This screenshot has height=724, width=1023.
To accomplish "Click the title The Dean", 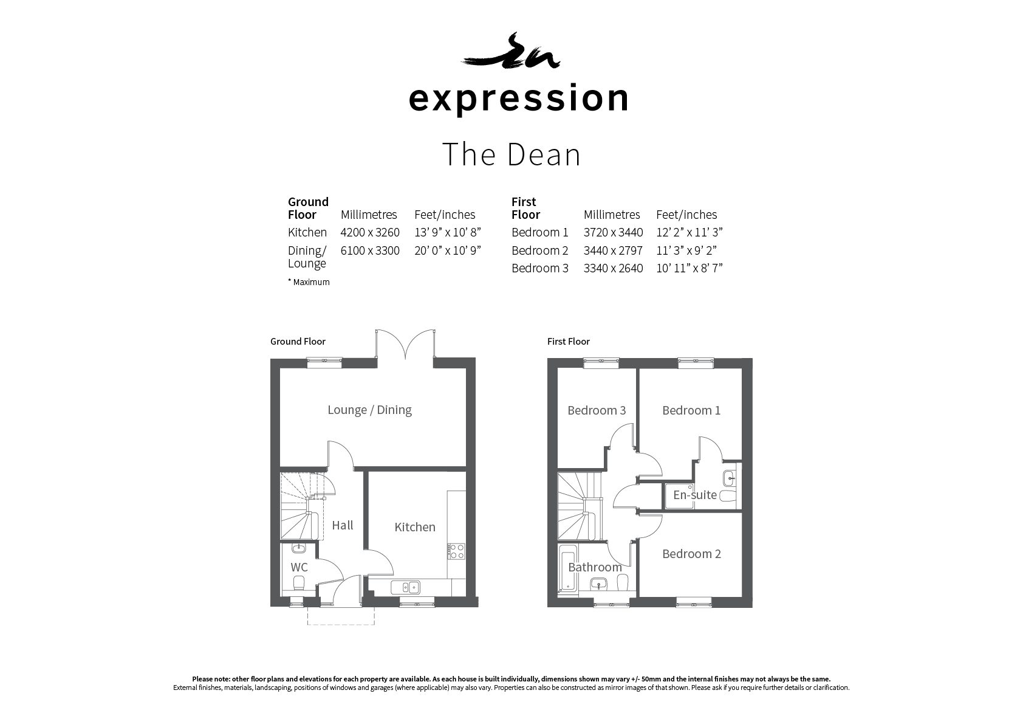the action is click(x=511, y=154).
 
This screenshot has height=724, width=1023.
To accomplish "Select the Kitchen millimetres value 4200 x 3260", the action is click(x=370, y=232).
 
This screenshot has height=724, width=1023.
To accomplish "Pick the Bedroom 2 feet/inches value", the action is click(x=686, y=250).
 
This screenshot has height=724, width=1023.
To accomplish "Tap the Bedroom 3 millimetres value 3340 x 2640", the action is click(x=613, y=268).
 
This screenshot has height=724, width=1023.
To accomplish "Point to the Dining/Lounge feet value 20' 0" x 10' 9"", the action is click(x=448, y=250).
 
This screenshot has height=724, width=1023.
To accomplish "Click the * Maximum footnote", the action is click(x=309, y=282).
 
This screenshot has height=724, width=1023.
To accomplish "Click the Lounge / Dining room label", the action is click(x=369, y=410).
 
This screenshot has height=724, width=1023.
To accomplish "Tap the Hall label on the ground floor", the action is click(x=343, y=525).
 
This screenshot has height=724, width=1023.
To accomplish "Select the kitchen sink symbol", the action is click(x=405, y=587).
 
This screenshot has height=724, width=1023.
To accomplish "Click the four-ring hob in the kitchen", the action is click(x=456, y=551).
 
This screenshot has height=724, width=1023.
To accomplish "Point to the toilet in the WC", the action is click(x=299, y=583).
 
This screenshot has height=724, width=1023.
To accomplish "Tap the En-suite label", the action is click(x=694, y=495).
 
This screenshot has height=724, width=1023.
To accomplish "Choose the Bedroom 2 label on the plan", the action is click(x=691, y=554).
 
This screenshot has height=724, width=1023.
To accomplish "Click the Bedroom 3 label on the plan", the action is click(x=597, y=410).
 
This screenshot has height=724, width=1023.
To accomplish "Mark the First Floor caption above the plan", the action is click(x=569, y=342).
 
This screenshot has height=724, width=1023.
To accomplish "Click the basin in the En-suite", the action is click(x=730, y=478).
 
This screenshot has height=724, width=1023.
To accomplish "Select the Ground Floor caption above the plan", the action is click(x=298, y=342).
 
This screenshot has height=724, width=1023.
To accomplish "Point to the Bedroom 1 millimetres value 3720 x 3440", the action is click(x=613, y=232).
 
